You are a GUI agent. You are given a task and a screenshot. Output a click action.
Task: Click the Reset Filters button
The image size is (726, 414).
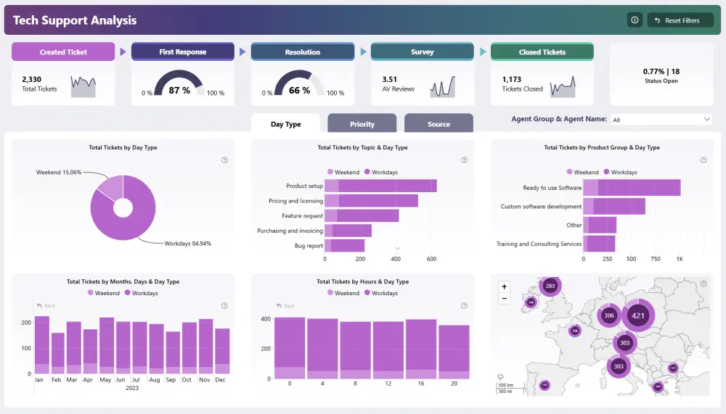pos(680,20)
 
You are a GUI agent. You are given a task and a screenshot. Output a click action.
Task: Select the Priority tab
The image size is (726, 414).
pos(362,124)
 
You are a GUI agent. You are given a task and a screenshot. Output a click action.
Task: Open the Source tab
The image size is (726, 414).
pos(439,124)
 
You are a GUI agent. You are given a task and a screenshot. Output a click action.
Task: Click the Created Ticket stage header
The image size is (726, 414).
pos(63,52)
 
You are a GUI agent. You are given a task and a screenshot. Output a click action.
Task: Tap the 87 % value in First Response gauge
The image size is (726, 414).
pos(179,91)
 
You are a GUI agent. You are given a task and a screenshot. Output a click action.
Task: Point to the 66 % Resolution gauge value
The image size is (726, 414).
pos(299,91)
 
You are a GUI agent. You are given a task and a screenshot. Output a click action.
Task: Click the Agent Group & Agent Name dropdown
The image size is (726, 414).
pos(661,120)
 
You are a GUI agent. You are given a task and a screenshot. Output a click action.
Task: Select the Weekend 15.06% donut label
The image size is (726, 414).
pos(59,173)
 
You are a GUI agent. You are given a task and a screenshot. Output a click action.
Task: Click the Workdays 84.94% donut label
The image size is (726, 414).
pos(187,244)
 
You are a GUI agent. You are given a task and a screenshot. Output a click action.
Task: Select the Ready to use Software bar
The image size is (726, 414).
pos(632,188)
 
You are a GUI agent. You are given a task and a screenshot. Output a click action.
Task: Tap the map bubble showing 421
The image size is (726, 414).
pos(638,315)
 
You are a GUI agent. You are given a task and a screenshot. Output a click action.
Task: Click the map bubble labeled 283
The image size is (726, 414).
pos(550,286)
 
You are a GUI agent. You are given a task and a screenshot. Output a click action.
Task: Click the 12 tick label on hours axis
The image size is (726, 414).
pos(388,384)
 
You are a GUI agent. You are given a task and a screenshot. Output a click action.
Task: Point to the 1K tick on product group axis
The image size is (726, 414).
pos(680,259)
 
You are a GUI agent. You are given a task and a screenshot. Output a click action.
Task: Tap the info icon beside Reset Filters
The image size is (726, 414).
pos(635,20)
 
